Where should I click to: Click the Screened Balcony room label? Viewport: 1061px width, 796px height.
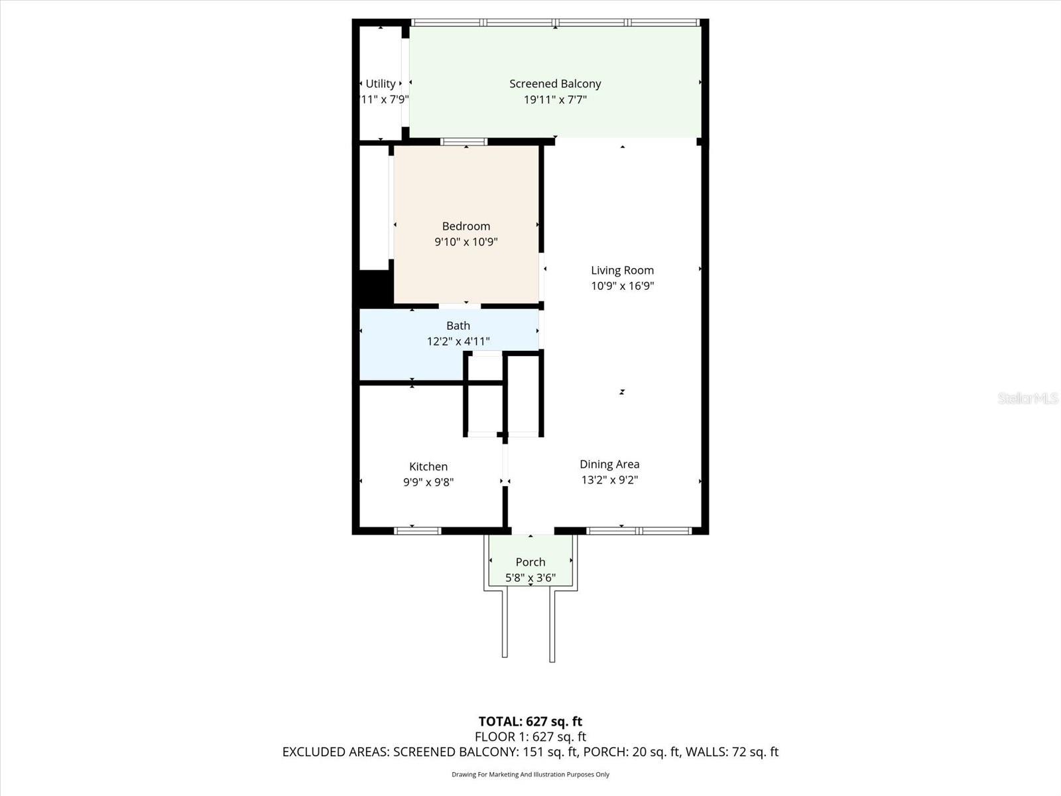(x=555, y=84)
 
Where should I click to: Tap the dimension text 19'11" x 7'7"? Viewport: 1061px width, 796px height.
(x=555, y=99)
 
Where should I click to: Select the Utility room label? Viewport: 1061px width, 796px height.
(x=381, y=84)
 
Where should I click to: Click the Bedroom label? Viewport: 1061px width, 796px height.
(x=466, y=226)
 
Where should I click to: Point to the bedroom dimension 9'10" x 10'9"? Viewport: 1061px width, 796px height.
(x=466, y=242)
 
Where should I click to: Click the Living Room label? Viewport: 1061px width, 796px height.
(x=622, y=270)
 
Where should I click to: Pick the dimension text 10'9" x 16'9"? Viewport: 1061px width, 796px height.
(x=622, y=286)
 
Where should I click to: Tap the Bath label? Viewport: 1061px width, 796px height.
(x=458, y=326)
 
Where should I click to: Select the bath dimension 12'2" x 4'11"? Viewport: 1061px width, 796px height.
(x=458, y=342)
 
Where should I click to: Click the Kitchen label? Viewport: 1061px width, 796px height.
(x=428, y=466)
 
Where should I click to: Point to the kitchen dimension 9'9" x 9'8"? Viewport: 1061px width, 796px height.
(x=428, y=482)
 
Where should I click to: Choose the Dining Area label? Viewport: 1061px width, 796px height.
(x=609, y=464)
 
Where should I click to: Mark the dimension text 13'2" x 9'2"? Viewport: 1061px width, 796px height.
(x=609, y=480)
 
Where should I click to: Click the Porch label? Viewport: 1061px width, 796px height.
(x=530, y=562)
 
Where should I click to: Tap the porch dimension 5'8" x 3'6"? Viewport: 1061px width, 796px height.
(x=530, y=578)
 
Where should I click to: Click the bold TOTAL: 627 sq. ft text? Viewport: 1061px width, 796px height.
(x=530, y=721)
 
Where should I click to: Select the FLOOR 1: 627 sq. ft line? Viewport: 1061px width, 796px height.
(x=530, y=736)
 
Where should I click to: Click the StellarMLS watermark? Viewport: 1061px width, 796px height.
(x=1027, y=398)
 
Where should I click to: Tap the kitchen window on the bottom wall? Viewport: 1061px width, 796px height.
(x=418, y=531)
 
